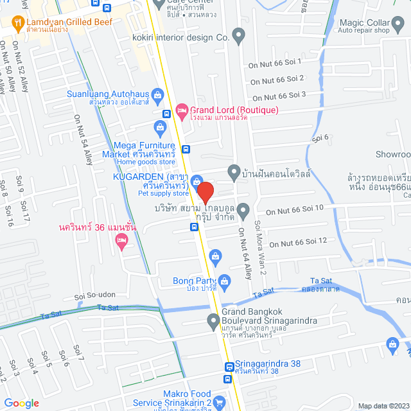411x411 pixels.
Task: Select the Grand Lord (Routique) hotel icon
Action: (182, 110)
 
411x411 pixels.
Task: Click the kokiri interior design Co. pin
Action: (239, 37)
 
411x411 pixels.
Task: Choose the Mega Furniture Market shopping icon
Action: (160, 126)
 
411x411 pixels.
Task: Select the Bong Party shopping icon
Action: (224, 280)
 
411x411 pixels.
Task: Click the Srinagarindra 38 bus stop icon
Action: (229, 367)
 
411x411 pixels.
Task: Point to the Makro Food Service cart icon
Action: (220, 403)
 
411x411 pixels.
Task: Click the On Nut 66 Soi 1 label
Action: (275, 64)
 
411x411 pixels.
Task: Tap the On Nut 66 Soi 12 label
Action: (298, 242)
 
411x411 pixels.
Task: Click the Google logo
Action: (21, 403)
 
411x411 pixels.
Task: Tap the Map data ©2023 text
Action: (382, 406)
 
